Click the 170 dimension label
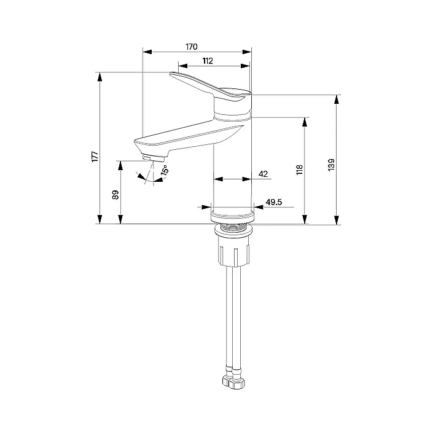pyautogui.click(x=192, y=47)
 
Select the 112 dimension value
pyautogui.click(x=208, y=61)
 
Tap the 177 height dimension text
pyautogui.click(x=95, y=156)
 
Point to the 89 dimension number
pyautogui.click(x=115, y=195)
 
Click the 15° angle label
pyautogui.click(x=165, y=170)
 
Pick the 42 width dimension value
pyautogui.click(x=263, y=174)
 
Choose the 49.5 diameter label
pyautogui.click(x=274, y=202)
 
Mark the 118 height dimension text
pyautogui.click(x=299, y=170)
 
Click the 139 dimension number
pyautogui.click(x=331, y=165)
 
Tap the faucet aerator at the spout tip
pyautogui.click(x=153, y=158)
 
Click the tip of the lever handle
pyautogui.click(x=171, y=74)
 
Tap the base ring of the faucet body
pyautogui.click(x=233, y=216)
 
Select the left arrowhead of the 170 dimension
pyautogui.click(x=147, y=52)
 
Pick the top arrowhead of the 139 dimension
pyautogui.click(x=337, y=100)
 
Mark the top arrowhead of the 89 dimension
pyautogui.click(x=120, y=166)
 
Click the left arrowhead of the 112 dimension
pyautogui.click(x=183, y=66)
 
